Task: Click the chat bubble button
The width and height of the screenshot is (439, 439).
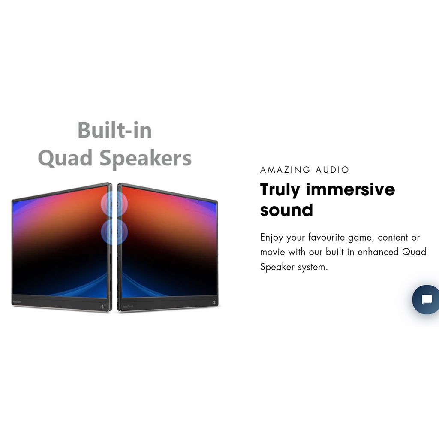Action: coord(426,299)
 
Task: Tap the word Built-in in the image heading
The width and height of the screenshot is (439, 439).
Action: coord(115,130)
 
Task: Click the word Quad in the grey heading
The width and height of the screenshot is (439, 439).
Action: coord(65,158)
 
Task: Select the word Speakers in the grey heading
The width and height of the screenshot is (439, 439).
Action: coord(146,159)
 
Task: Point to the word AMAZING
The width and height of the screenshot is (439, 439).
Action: coord(285,170)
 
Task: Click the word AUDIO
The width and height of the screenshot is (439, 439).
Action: coord(332,170)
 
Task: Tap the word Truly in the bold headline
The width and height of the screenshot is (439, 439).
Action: coord(280,190)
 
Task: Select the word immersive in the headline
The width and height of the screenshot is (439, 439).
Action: coord(350,189)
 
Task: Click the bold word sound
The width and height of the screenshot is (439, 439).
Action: coord(286,210)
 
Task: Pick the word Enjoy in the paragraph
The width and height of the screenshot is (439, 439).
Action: coord(271,238)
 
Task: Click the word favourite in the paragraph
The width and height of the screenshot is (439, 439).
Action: coord(326,237)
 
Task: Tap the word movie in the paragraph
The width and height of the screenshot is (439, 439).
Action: coord(272,252)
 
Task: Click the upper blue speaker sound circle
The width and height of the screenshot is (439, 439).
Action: coord(114,204)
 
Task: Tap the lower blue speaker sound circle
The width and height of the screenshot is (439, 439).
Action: coord(114,232)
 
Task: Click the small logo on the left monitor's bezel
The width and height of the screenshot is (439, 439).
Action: coord(17,302)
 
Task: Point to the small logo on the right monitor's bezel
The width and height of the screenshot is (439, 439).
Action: coord(128,307)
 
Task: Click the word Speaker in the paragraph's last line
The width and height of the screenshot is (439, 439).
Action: coord(277,267)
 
